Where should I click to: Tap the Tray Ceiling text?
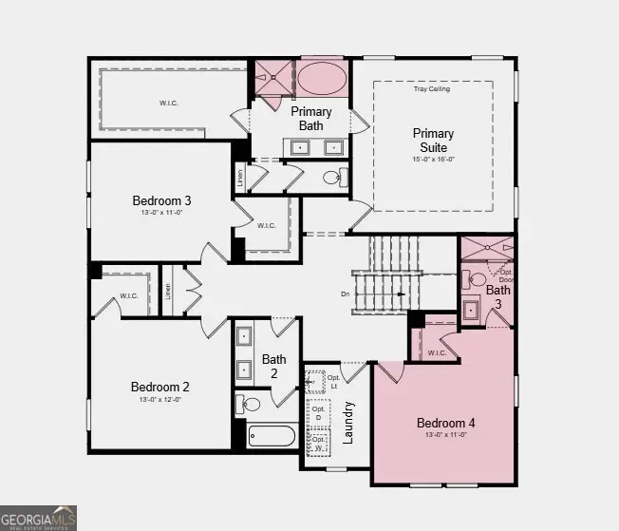point(432,89)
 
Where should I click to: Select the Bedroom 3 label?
point(161,200)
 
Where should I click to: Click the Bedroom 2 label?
point(160,387)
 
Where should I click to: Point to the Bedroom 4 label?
point(445,423)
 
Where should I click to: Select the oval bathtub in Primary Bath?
point(323,78)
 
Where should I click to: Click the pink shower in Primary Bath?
point(273,78)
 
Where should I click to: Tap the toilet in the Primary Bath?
point(332,177)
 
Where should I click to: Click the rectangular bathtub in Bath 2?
point(272,436)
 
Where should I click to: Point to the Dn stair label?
point(345,294)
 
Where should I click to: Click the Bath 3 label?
point(498,296)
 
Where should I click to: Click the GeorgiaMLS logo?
point(39,517)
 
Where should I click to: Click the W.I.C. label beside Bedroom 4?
point(437,352)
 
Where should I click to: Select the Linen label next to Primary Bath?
point(240,178)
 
